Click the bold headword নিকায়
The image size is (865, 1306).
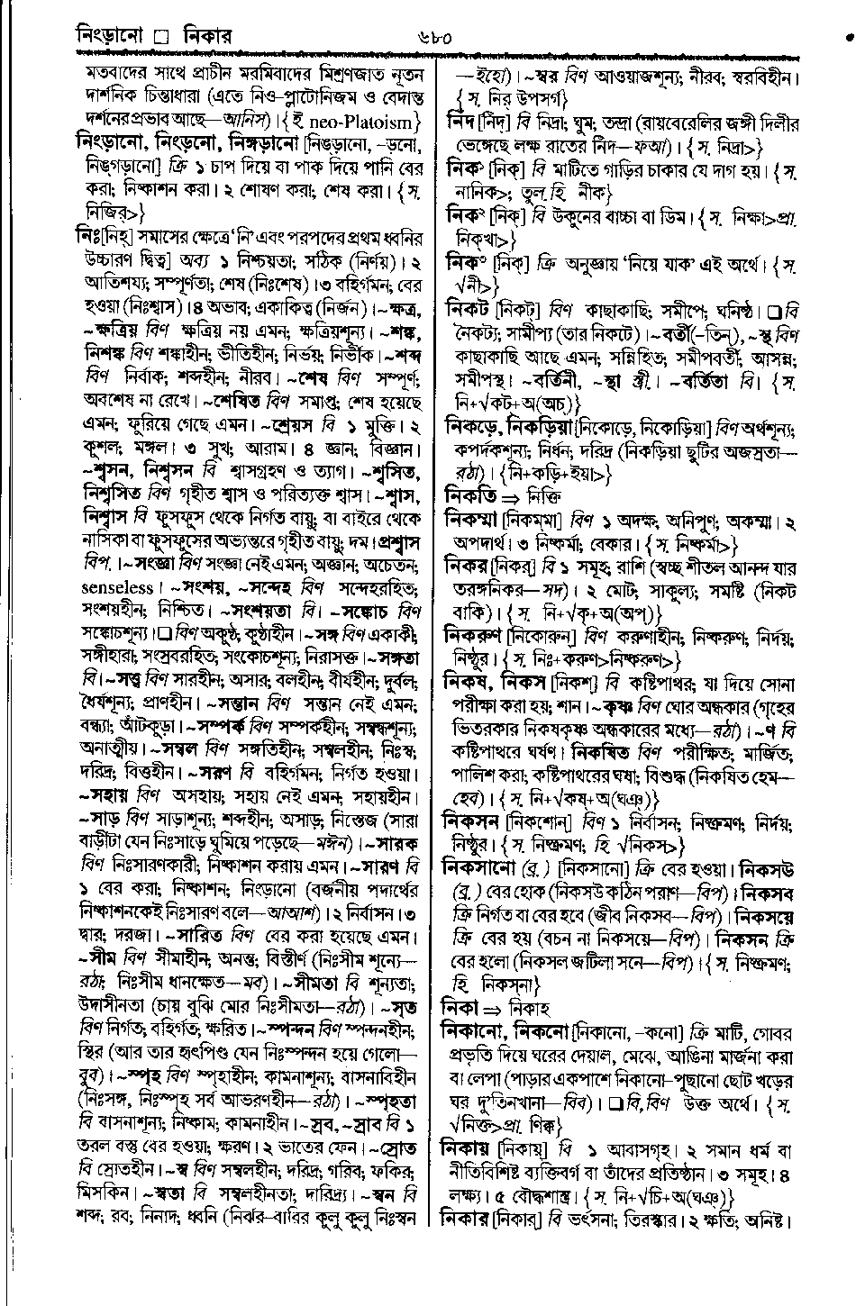(x=470, y=1149)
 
